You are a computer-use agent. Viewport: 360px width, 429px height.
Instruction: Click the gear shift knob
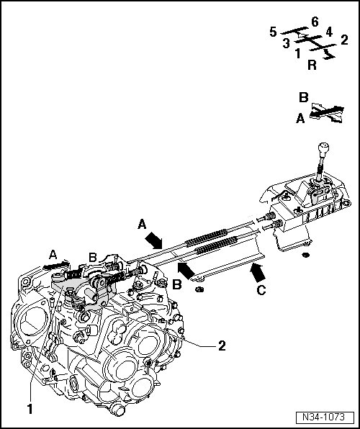[323, 148]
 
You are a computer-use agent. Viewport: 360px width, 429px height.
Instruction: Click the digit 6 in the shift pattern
[315, 22]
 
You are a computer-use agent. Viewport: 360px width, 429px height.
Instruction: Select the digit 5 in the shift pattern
[273, 32]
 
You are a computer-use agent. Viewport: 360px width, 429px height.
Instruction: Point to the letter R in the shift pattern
[312, 65]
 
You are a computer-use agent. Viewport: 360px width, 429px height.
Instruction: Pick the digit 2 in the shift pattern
[344, 40]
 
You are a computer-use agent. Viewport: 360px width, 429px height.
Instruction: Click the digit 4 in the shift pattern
[329, 32]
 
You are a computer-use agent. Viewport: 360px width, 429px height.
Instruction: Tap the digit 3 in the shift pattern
[287, 43]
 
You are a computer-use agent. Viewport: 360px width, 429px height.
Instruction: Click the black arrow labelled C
[258, 272]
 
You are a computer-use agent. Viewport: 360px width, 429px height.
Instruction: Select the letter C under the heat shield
[261, 290]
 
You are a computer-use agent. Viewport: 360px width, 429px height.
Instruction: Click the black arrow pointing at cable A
[153, 240]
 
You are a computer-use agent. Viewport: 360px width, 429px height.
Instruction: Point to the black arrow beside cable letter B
[186, 270]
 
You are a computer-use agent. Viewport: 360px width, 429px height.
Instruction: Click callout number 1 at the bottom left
[30, 409]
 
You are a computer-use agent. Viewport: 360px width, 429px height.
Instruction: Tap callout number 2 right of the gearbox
[222, 346]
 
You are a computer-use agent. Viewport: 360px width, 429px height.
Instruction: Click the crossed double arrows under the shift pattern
[327, 112]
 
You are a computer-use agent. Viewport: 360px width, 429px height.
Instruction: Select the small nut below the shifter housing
[305, 256]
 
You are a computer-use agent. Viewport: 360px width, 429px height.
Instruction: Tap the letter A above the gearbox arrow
[53, 255]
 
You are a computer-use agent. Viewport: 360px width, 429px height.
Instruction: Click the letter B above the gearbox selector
[93, 258]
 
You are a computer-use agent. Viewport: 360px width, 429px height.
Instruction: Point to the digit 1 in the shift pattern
[298, 53]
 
